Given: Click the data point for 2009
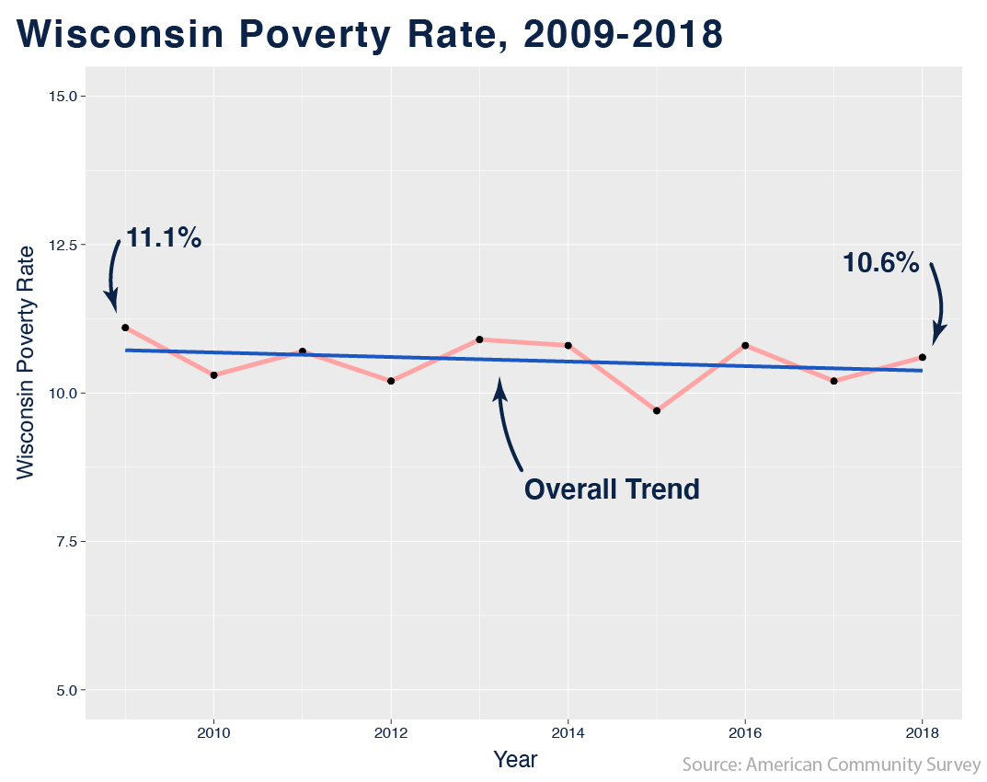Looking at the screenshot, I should (125, 328).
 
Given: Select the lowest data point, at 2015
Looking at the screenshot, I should (657, 410).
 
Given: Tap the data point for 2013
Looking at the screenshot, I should (479, 339).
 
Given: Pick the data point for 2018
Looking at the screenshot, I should (923, 357).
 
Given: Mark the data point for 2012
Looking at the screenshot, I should (391, 381).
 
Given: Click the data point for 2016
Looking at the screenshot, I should (745, 345).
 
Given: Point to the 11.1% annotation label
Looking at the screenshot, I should (163, 237).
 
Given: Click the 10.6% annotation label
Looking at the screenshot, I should (880, 263).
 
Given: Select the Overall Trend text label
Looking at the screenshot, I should (612, 489).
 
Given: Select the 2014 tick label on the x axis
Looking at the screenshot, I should (568, 731).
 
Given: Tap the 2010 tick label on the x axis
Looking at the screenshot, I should (213, 731).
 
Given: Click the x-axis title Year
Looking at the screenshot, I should (515, 760).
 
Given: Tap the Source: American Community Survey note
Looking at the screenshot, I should (831, 765).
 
